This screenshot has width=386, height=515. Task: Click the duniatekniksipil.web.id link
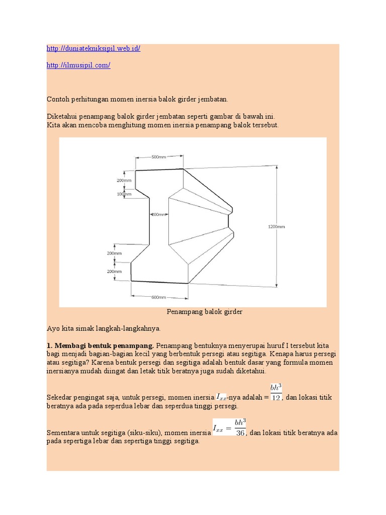[x=93, y=49]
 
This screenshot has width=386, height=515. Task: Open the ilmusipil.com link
[x=78, y=65]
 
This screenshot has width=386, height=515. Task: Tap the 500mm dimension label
[x=158, y=157]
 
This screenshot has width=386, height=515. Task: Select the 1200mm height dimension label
[x=276, y=227]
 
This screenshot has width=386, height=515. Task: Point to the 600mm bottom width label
[x=158, y=297]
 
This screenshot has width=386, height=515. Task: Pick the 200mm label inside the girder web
[x=158, y=214]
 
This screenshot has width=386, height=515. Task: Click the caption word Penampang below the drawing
[x=184, y=312]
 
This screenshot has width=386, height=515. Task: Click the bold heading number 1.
[x=49, y=346]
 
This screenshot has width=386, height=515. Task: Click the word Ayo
[x=53, y=328]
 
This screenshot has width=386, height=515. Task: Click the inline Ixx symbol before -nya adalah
[x=222, y=397]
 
